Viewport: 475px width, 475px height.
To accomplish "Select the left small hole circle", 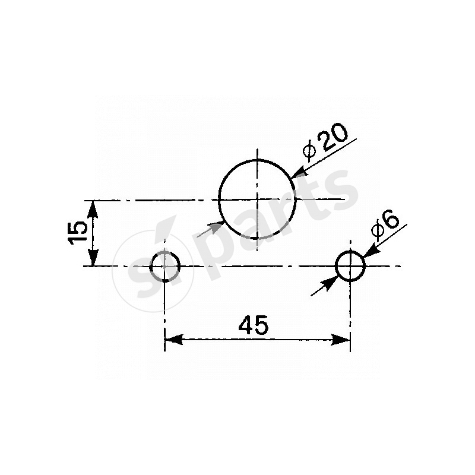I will click(164, 265).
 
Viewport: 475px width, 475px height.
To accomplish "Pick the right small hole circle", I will click(350, 265).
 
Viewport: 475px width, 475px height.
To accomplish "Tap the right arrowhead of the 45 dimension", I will click(343, 339).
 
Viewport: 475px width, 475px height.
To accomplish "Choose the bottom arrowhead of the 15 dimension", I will click(93, 259).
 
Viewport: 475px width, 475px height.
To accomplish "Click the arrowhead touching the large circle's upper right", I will click(298, 172).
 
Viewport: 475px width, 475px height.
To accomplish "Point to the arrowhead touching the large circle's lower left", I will click(217, 226).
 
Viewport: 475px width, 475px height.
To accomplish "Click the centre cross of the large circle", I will click(257, 199).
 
